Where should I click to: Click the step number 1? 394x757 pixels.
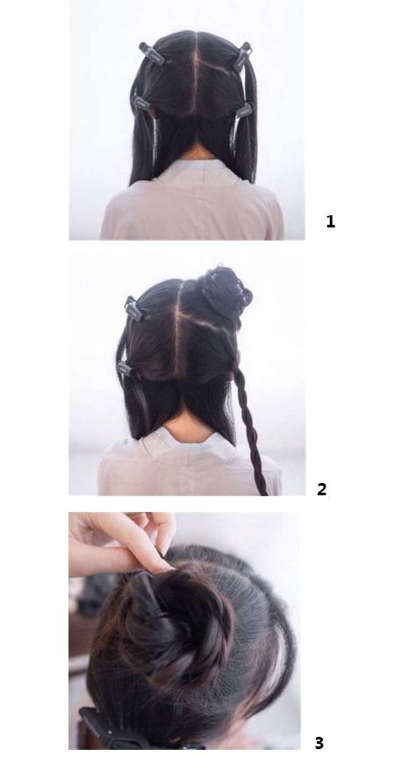(x=330, y=221)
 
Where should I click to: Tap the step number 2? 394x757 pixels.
(x=322, y=489)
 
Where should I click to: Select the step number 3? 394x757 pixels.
(x=319, y=742)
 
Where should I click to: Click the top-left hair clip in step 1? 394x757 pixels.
(x=152, y=53)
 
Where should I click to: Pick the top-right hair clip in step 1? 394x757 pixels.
(x=242, y=55)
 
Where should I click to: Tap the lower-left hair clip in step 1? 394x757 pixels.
(x=140, y=104)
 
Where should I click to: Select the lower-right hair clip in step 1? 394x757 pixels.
(x=244, y=110)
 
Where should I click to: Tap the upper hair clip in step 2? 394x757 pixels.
(x=133, y=308)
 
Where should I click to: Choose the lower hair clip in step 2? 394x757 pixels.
(x=125, y=368)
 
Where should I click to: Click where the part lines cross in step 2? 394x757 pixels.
(x=178, y=314)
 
